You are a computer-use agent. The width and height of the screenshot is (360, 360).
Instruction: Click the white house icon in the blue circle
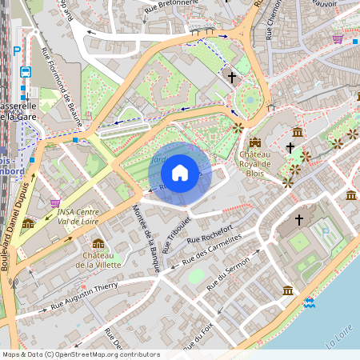[x=180, y=172]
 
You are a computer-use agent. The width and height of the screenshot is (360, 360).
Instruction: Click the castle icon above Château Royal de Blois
[x=255, y=142]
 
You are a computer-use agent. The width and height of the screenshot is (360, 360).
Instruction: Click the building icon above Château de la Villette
[x=98, y=243]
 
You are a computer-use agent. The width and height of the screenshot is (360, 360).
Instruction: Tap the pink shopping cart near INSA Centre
[x=55, y=203]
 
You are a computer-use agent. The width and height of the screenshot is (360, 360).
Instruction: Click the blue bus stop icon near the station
[x=25, y=71]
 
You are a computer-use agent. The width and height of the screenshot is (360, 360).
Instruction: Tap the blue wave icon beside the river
[x=309, y=302]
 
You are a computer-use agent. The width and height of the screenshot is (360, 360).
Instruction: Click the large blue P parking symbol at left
[x=17, y=50]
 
